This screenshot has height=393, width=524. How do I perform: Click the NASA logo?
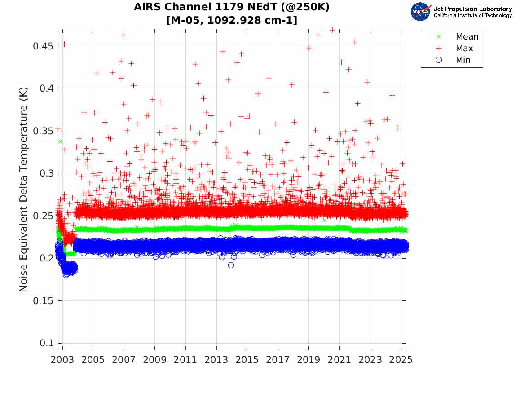point(421,12)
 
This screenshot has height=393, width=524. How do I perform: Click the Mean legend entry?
point(467,37)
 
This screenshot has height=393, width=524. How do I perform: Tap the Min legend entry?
point(463,60)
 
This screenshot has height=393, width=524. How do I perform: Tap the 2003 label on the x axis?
point(62,360)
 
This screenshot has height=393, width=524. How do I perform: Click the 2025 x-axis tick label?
point(401,360)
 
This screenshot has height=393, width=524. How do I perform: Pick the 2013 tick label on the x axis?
point(216,360)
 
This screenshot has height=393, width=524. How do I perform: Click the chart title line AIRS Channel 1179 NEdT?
point(232,8)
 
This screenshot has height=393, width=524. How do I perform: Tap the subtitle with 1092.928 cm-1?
point(232,20)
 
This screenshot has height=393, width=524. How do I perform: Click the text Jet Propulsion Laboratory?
point(473,9)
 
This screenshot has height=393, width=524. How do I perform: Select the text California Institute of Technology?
point(473,16)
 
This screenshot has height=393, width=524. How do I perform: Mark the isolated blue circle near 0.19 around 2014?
point(231,265)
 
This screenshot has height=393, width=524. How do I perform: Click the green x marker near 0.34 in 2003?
point(60,141)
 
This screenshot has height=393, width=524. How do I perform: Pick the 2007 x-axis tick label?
point(124,360)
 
